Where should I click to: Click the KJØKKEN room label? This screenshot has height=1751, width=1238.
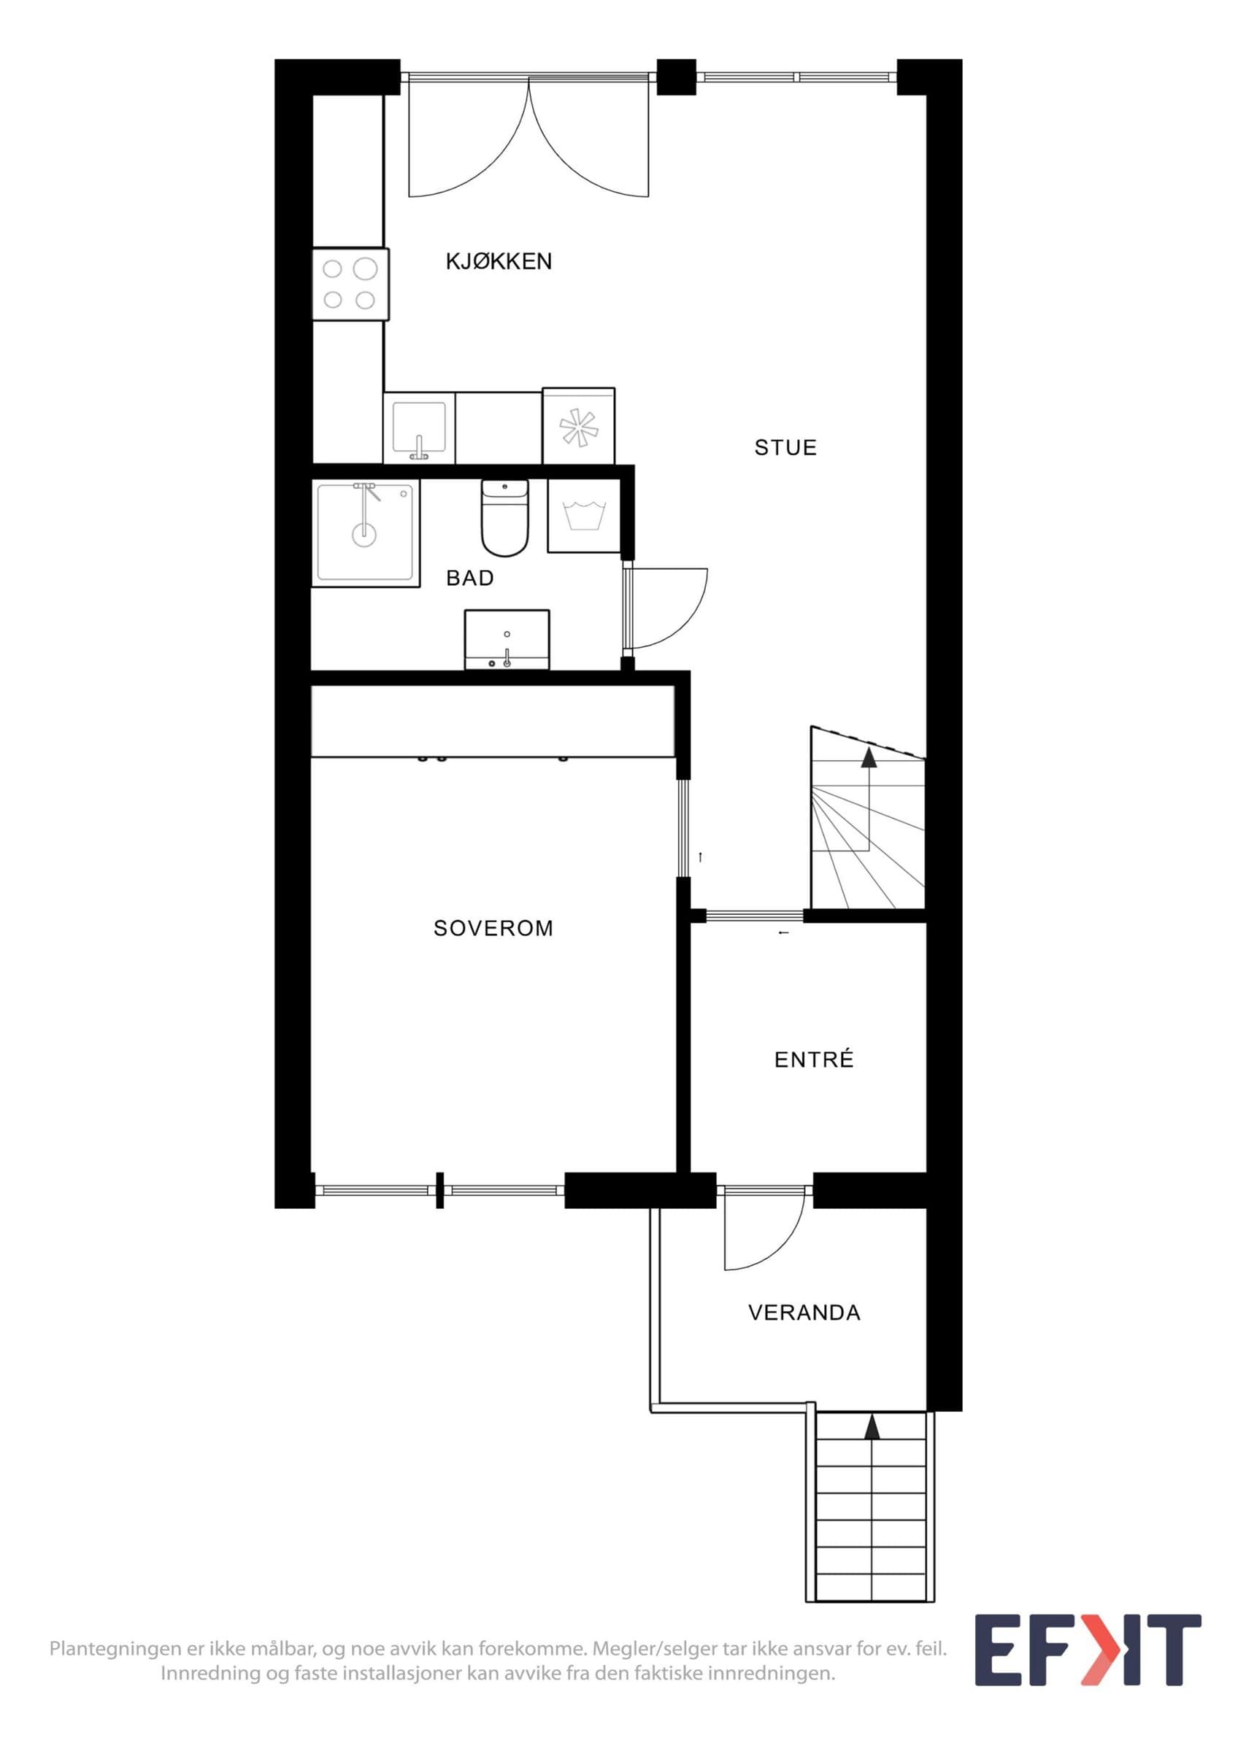click(498, 262)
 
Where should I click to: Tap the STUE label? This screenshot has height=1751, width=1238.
click(785, 448)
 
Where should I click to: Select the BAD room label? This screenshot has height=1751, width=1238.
click(470, 578)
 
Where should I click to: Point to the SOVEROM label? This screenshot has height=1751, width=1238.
click(493, 928)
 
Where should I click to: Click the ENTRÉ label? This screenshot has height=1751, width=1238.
click(814, 1059)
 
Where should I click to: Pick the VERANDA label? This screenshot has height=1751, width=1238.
click(804, 1313)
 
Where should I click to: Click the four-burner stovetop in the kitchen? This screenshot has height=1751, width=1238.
click(350, 285)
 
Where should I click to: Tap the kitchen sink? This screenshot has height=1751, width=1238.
click(419, 428)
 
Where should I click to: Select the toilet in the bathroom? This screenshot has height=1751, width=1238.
click(504, 518)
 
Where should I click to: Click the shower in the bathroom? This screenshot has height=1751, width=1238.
click(366, 533)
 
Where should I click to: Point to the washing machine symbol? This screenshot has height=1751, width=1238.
click(583, 516)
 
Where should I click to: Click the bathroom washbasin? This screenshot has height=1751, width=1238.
click(507, 639)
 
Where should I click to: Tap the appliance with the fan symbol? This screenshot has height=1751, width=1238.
click(578, 426)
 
